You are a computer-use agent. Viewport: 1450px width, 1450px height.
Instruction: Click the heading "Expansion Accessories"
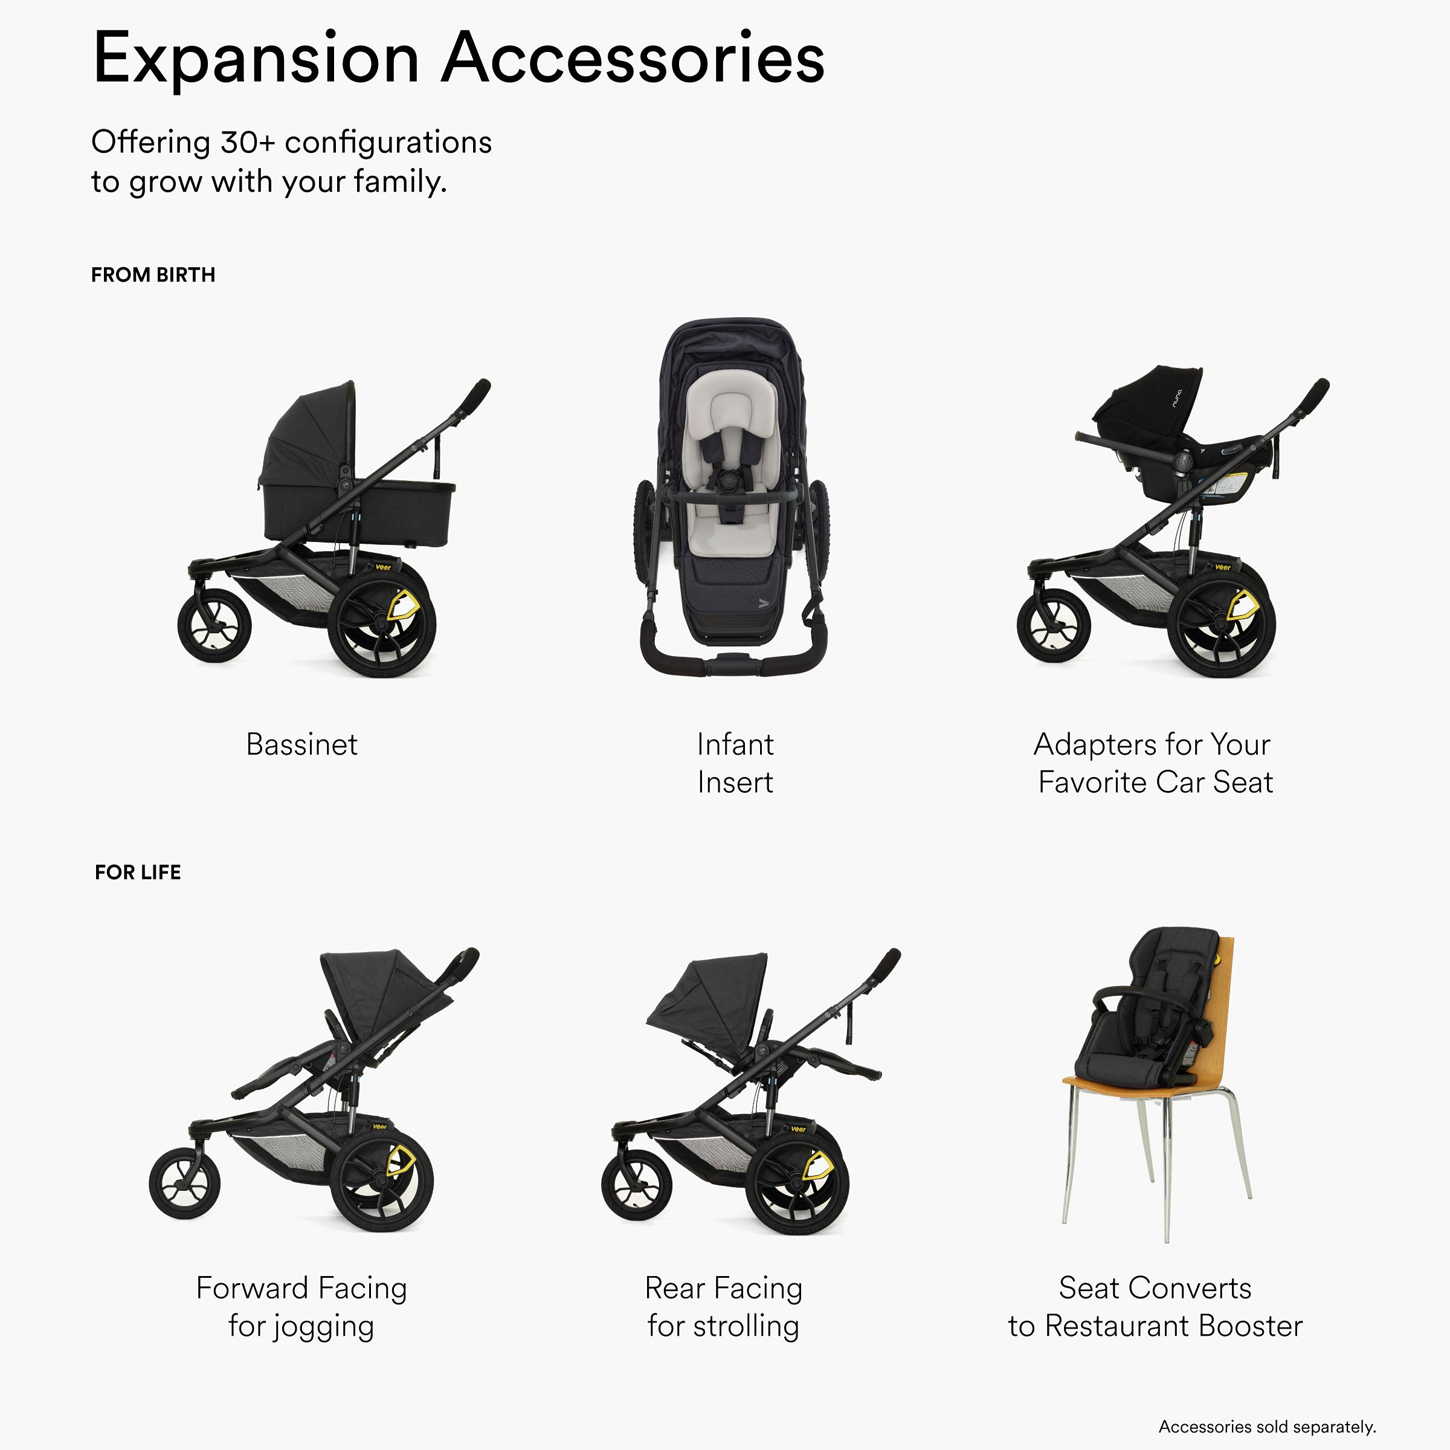[x=458, y=59]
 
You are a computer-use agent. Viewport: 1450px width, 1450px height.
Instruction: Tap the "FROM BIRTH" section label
[x=153, y=275]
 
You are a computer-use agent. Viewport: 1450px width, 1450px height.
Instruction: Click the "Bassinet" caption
[x=301, y=744]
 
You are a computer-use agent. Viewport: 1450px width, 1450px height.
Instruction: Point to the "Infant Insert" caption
[x=735, y=763]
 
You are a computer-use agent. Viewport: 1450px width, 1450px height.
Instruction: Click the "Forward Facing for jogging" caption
[x=301, y=1307]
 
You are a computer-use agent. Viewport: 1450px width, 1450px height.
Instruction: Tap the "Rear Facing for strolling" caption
[x=724, y=1307]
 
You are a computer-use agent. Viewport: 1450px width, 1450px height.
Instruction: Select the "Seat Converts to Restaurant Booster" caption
[x=1155, y=1307]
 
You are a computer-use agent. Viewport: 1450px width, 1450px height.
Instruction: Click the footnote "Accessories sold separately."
[x=1267, y=1426]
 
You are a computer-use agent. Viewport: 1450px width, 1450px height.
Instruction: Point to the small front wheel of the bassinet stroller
[x=214, y=625]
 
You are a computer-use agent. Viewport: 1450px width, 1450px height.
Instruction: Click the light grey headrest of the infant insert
[x=725, y=409]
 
